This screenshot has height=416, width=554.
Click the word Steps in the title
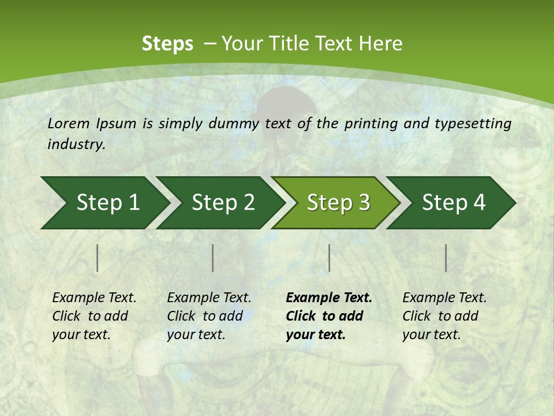pos(167,44)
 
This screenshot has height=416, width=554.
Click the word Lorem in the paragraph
pos(68,124)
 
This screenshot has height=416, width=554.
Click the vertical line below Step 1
pos(98,258)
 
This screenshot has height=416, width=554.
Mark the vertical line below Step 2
pos(213,258)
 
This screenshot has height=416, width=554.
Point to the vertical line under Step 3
pos(330,258)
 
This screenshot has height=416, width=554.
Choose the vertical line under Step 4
pos(446,258)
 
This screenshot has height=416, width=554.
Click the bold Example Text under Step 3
pos(329,298)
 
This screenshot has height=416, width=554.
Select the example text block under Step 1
pos(94,316)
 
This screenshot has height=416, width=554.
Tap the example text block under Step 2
pos(209,316)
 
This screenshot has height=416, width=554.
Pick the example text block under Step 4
pos(444,316)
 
